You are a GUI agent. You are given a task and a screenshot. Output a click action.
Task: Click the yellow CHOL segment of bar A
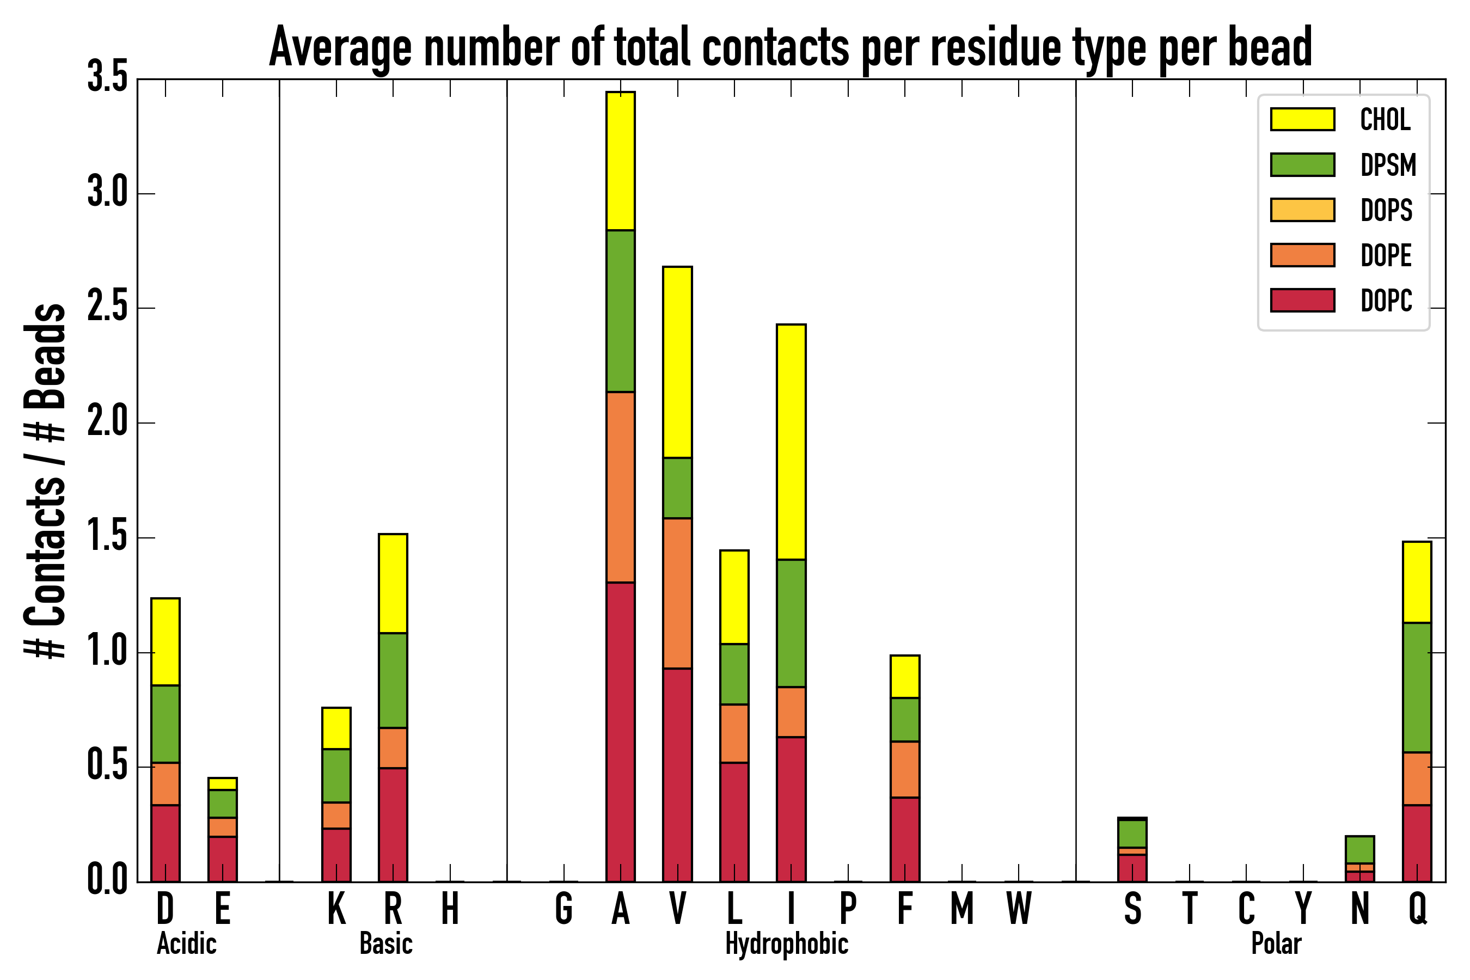[620, 161]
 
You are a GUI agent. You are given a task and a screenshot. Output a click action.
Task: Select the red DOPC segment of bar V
[677, 775]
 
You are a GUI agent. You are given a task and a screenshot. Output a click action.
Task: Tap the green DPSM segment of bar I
[791, 623]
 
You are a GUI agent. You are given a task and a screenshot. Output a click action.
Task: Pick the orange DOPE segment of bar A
[620, 487]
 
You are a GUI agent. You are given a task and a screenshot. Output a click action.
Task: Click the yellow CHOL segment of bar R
[393, 584]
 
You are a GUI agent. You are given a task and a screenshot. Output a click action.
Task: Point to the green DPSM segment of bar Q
[1416, 688]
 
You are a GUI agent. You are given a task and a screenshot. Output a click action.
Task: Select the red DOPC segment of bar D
[165, 843]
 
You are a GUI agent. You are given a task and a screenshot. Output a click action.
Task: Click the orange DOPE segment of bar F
[904, 769]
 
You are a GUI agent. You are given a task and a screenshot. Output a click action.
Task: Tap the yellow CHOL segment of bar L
[734, 597]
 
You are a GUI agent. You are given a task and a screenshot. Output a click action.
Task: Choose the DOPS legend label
[1386, 210]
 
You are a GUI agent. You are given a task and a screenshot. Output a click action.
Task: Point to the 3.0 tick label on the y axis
[107, 193]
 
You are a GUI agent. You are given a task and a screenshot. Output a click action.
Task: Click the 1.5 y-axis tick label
[107, 537]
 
